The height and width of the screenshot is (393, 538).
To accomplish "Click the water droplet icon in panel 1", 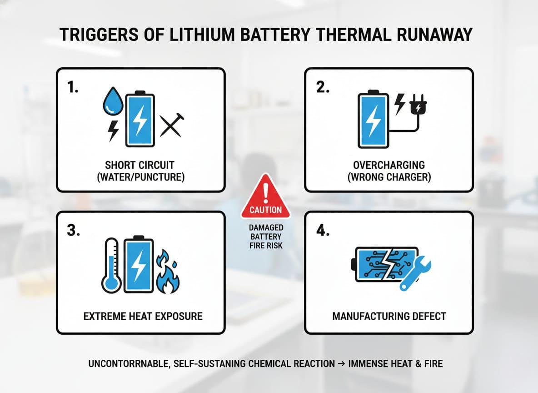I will tap(111, 102).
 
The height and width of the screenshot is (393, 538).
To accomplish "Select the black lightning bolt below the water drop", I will tap(112, 131).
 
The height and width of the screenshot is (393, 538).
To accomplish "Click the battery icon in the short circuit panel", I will tap(140, 119).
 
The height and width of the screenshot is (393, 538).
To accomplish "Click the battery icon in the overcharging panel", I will tap(374, 120).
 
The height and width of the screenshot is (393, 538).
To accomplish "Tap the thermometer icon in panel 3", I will tap(110, 265).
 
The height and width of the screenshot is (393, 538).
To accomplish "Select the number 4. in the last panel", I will tap(322, 232).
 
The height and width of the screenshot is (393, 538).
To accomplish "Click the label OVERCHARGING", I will tap(389, 165).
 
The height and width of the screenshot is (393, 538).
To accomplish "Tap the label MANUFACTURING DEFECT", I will tap(389, 316).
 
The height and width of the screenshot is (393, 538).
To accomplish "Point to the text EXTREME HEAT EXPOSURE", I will tap(143, 316).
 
